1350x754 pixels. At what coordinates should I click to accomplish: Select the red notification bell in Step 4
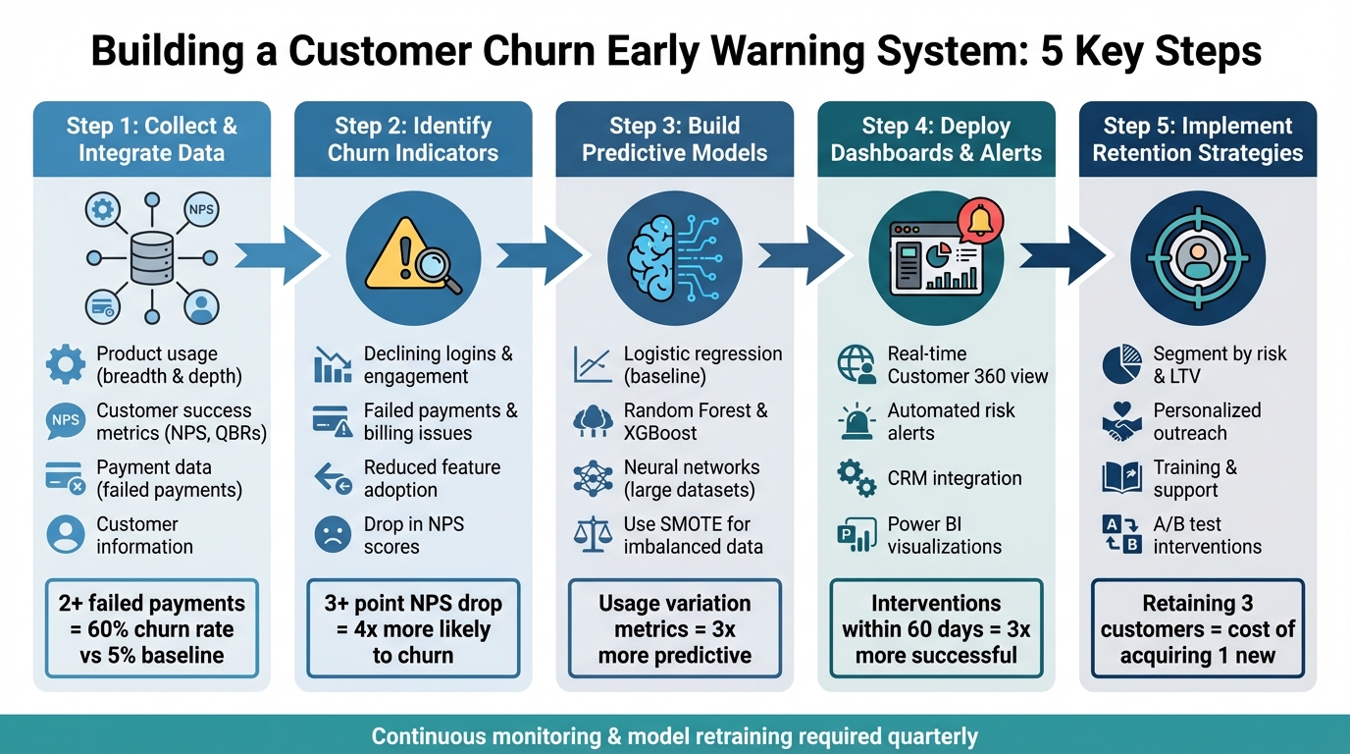coord(980,222)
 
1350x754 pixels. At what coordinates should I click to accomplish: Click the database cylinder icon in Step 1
coord(151,257)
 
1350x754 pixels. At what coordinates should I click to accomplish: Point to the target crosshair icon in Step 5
coord(1197,257)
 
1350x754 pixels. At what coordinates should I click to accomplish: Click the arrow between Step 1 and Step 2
coord(279,257)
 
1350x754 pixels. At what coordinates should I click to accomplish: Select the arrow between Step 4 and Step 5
coord(1062,257)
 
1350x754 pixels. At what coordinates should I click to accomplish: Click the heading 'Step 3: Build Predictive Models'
coord(674,139)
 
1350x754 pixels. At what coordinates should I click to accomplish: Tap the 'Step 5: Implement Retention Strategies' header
coord(1197,139)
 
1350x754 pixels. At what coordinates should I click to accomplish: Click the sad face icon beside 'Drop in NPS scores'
coord(333,535)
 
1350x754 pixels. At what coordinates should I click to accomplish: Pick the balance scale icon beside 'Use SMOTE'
coord(593,535)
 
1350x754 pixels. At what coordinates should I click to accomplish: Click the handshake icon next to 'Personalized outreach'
coord(1121,422)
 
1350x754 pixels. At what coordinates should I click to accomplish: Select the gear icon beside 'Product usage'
coord(66,365)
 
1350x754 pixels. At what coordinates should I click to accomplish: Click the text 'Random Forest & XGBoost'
coord(696,422)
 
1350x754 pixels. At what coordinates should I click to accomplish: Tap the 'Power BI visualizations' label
coord(944,535)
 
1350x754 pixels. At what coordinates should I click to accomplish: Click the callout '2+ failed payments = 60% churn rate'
coord(151,628)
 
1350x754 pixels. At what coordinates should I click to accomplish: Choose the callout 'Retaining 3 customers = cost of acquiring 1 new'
coord(1197,628)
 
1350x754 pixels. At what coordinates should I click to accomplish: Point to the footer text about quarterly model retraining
coord(674,736)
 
